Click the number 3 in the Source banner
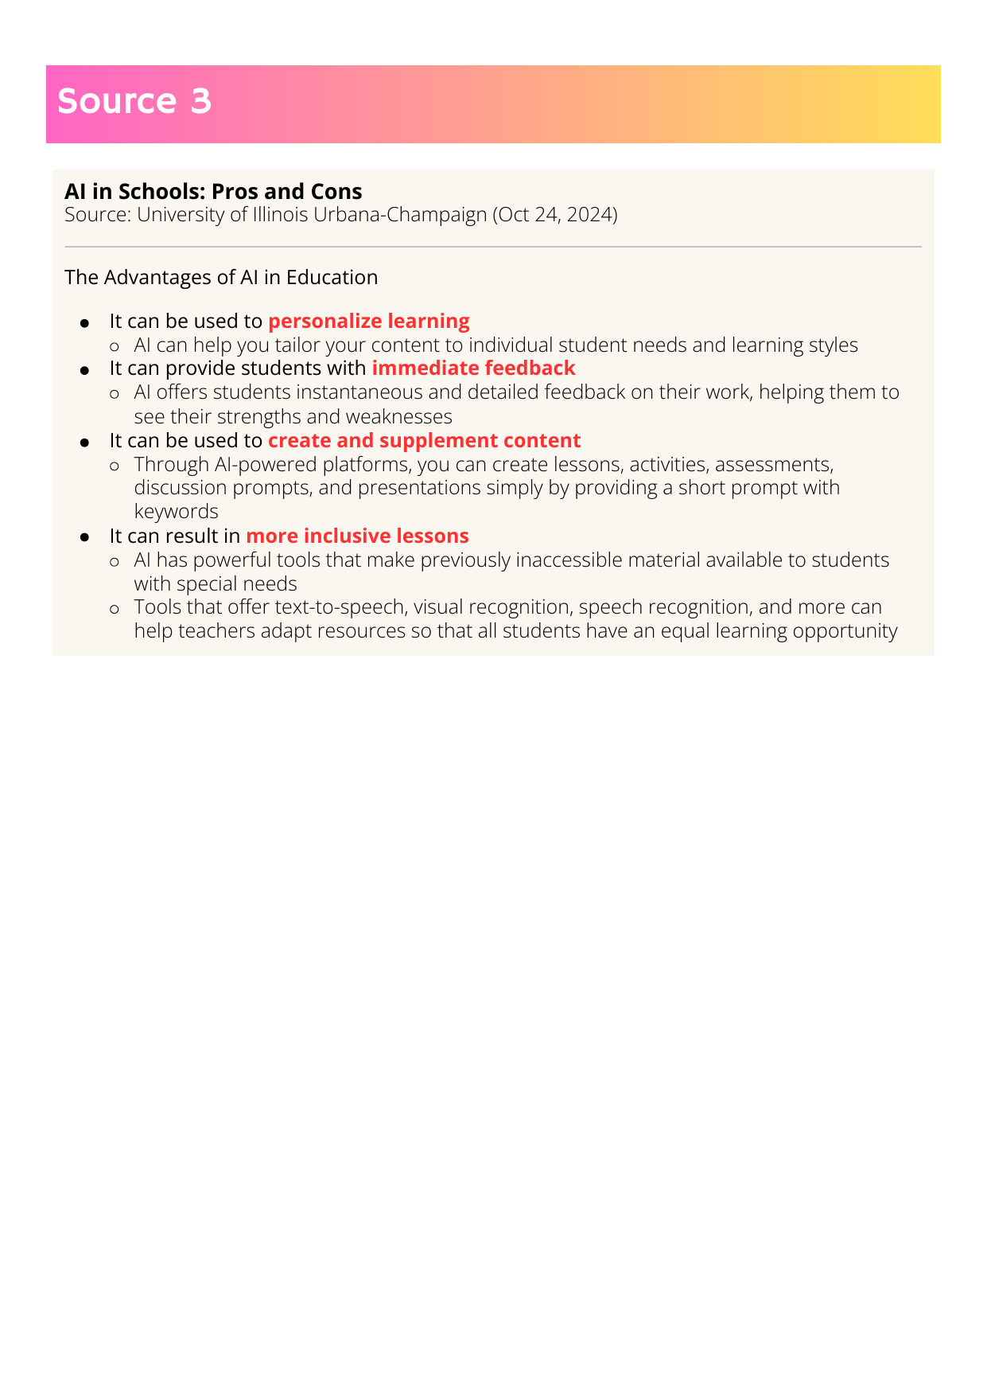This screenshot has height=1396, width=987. pyautogui.click(x=201, y=101)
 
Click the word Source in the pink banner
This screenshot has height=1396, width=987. pyautogui.click(x=117, y=101)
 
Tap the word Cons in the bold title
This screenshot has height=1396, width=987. pyautogui.click(x=337, y=191)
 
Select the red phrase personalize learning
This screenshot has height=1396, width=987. pyautogui.click(x=369, y=321)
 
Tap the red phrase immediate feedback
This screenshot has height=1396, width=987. pyautogui.click(x=473, y=368)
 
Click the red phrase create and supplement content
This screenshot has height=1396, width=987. pyautogui.click(x=425, y=440)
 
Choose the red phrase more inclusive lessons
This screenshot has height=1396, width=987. pyautogui.click(x=357, y=536)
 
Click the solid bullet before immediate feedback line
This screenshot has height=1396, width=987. pyautogui.click(x=84, y=371)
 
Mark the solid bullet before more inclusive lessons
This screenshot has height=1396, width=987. pyautogui.click(x=84, y=538)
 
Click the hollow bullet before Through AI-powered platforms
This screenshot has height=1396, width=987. pyautogui.click(x=115, y=466)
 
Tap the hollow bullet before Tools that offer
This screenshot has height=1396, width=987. pyautogui.click(x=115, y=609)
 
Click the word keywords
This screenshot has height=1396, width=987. pyautogui.click(x=176, y=511)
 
